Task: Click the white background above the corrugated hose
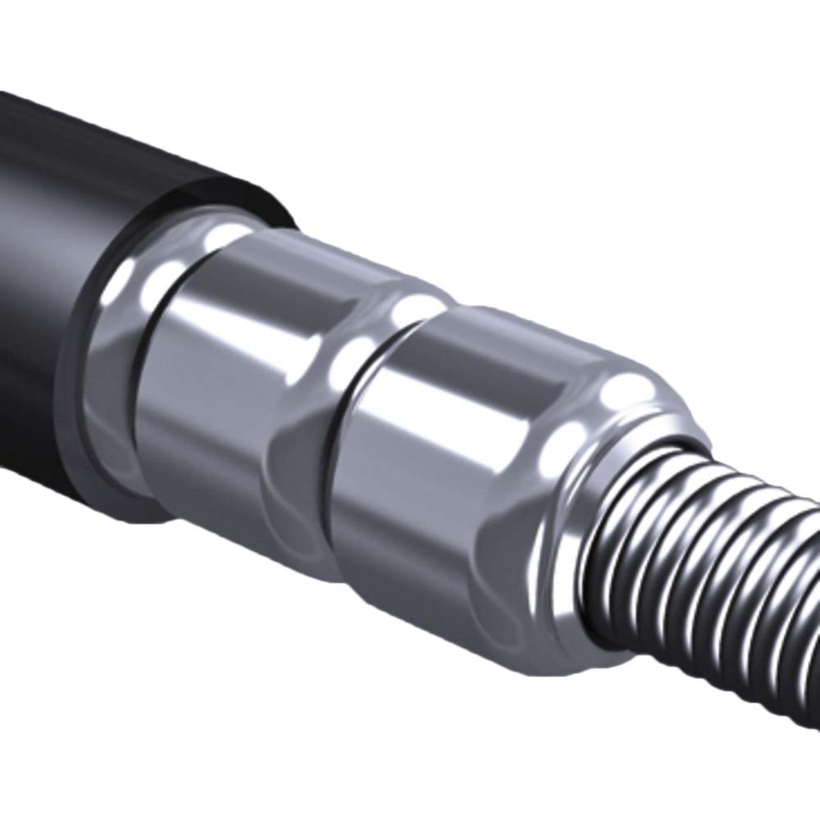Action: pyautogui.click(x=656, y=205)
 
